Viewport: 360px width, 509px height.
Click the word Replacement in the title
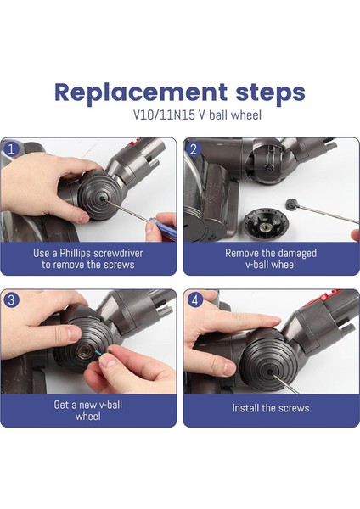coord(141,92)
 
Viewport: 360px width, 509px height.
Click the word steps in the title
coord(270,93)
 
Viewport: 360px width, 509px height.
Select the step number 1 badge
coord(11,149)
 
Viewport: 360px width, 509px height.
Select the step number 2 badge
coord(194,149)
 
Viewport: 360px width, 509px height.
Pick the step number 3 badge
coord(11,299)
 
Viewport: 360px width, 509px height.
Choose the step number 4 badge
coord(194,299)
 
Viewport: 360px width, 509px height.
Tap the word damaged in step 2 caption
coord(295,253)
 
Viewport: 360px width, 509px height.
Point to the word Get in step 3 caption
coord(61,405)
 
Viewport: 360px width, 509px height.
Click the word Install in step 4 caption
coord(244,408)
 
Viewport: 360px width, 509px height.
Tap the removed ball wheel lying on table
coord(266,224)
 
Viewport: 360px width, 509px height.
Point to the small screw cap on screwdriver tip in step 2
coord(292,204)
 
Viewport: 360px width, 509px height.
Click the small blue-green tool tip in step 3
coord(98,353)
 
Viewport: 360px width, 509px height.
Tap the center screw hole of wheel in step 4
coord(269,373)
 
